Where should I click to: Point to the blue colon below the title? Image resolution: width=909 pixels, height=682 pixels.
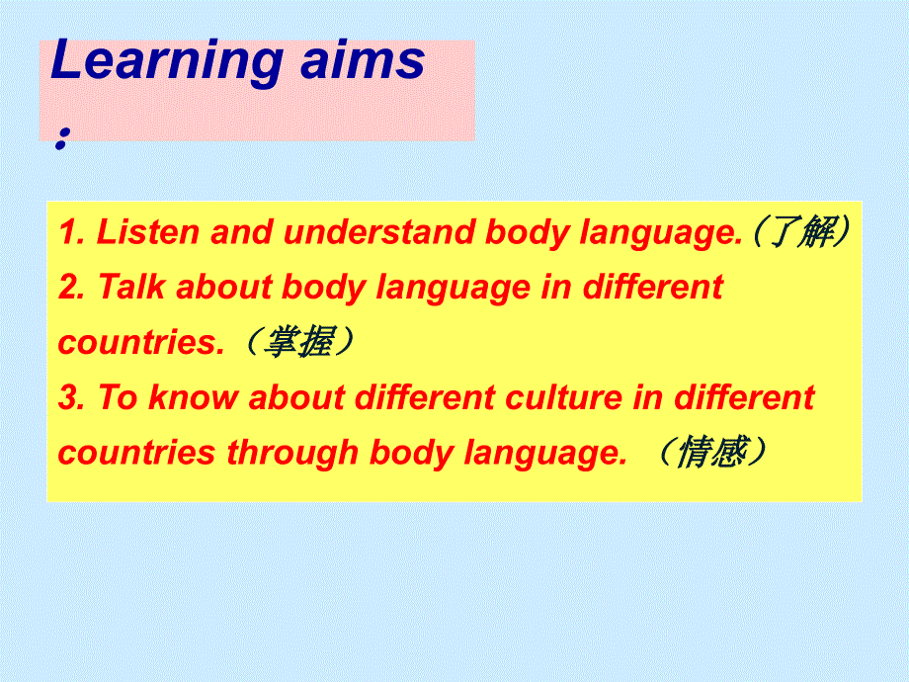[x=62, y=138]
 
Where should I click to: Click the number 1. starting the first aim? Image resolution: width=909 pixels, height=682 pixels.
[x=72, y=232]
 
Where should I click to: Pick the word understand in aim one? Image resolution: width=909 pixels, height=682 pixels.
[x=378, y=232]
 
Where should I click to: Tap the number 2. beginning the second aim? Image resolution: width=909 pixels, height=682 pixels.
[x=72, y=287]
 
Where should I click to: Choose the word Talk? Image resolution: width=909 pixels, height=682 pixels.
[x=131, y=287]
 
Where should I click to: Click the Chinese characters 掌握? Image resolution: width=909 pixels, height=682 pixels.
[x=299, y=341]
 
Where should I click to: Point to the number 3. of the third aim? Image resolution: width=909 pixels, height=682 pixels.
[x=72, y=397]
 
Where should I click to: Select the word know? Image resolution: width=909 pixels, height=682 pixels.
[x=193, y=397]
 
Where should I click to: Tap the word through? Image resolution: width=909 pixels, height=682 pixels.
[x=292, y=454]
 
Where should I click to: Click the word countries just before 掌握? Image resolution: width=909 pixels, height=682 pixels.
[x=141, y=342]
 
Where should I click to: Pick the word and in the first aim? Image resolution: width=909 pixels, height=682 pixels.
[x=241, y=232]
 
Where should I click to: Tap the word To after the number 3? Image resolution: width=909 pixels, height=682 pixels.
[x=118, y=397]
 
